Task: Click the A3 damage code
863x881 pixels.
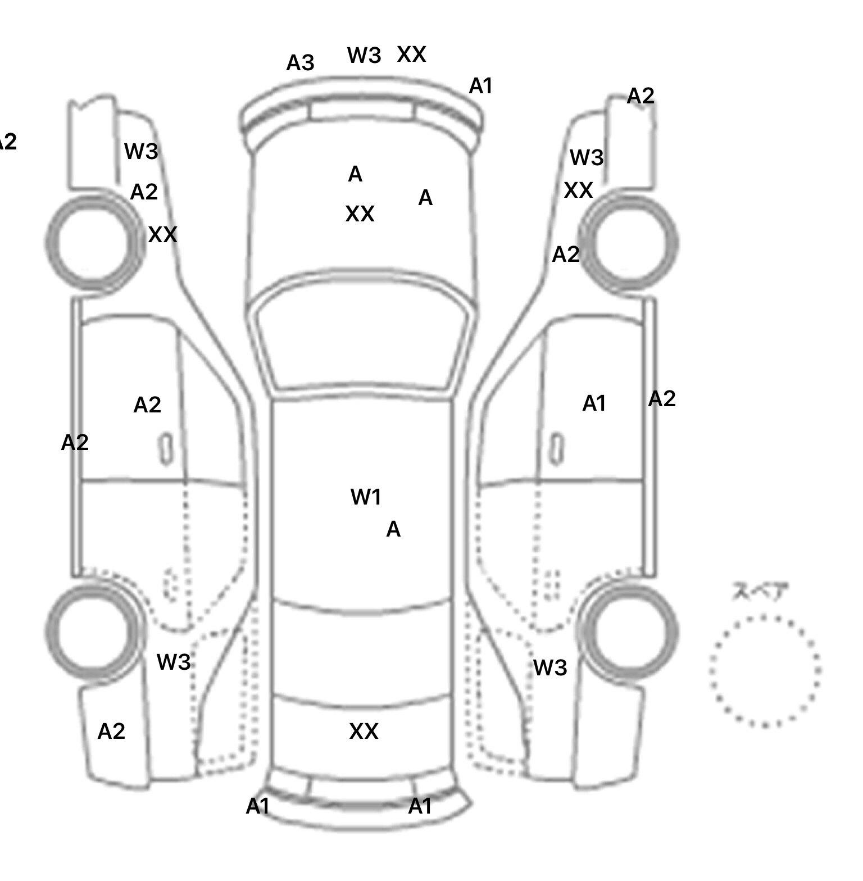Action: point(300,63)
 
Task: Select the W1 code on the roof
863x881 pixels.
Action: point(366,497)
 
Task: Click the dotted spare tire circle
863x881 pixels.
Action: point(765,671)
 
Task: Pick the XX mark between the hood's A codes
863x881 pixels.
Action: point(360,214)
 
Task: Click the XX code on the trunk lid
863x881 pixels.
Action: point(364,732)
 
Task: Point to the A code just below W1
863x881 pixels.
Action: point(393,529)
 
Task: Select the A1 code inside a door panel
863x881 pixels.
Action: point(594,403)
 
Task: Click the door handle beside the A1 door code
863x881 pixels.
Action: point(557,448)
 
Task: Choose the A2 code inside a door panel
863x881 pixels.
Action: point(147,405)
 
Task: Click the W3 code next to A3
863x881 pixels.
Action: point(364,55)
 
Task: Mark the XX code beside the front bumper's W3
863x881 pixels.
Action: point(411,55)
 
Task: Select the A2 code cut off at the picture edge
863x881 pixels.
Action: point(7,142)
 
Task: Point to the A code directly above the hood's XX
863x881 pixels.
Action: point(355,175)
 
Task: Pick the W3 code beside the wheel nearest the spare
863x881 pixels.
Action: point(549,668)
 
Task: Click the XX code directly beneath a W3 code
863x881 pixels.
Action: point(578,190)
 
